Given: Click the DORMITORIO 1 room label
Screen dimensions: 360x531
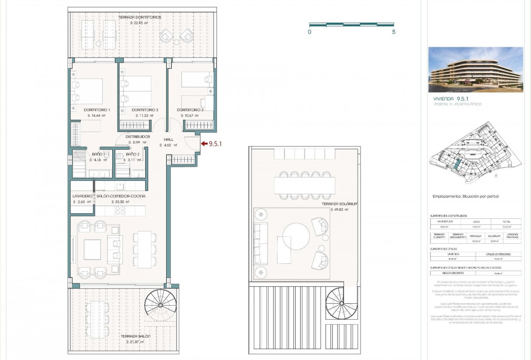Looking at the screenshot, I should (x=97, y=110).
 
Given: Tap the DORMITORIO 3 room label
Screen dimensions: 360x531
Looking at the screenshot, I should (x=190, y=110).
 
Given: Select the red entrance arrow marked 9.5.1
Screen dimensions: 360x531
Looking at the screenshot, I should (x=204, y=143).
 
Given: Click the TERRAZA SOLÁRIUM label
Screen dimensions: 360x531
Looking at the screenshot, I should (x=340, y=204).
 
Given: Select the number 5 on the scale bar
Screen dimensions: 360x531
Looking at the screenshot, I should (x=393, y=32).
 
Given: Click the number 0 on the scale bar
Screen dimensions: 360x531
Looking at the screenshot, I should (x=309, y=32).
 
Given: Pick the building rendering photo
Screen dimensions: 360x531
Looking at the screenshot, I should (x=475, y=70).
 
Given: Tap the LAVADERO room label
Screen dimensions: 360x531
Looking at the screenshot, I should (x=82, y=196).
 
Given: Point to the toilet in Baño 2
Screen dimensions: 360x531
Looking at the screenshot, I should (x=120, y=156).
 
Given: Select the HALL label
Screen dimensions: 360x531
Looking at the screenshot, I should (x=169, y=139).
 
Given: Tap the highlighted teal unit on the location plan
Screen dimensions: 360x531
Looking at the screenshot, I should (x=457, y=163).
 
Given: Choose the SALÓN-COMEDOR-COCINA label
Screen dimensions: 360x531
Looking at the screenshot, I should (x=121, y=196).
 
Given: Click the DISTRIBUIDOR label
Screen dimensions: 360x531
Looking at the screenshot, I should (x=138, y=137).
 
